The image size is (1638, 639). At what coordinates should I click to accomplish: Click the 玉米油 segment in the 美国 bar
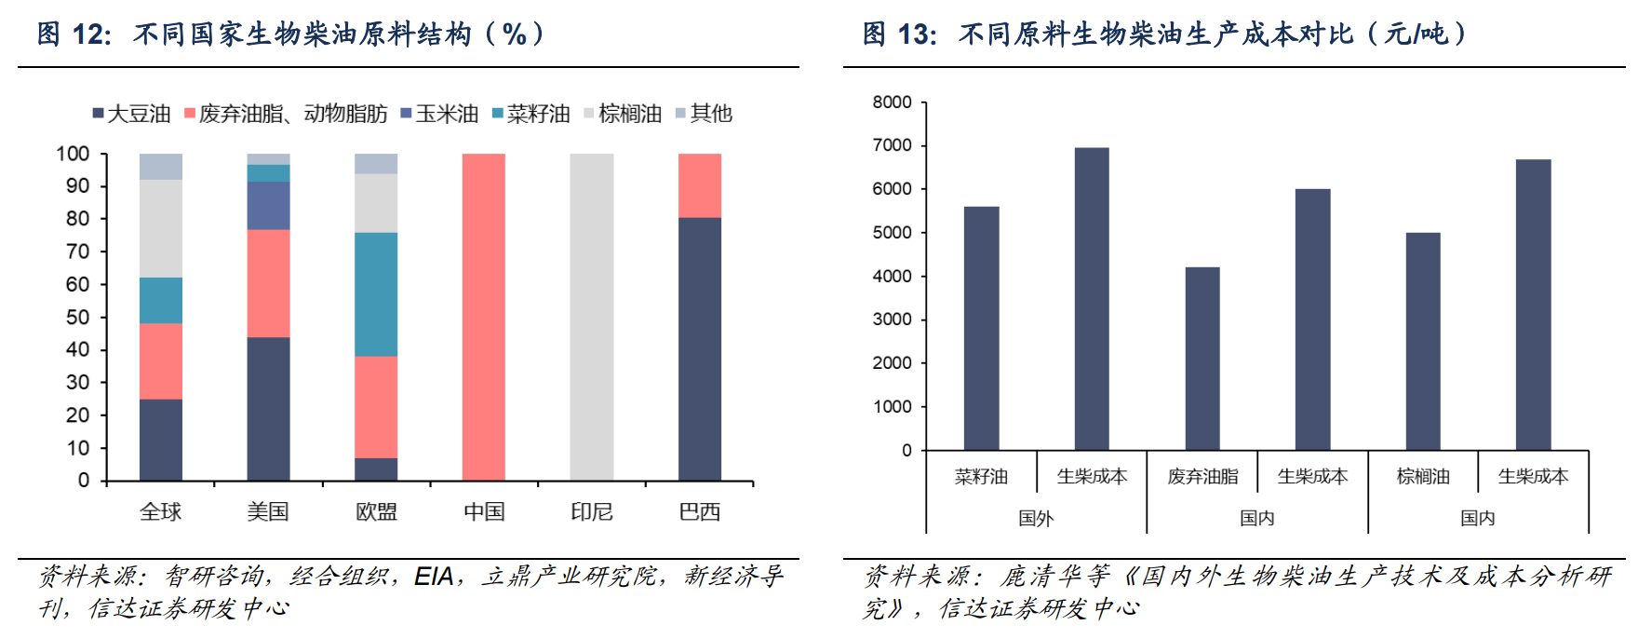[268, 205]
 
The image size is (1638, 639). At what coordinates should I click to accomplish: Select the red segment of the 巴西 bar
[700, 185]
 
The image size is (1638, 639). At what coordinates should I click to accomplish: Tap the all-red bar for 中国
[484, 317]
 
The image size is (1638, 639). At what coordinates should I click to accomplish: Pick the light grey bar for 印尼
[592, 317]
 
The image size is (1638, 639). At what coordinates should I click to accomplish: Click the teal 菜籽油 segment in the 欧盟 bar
[376, 294]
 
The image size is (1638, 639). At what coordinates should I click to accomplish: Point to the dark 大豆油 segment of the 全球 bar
[161, 440]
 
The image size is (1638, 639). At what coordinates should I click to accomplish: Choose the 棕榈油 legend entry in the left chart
[623, 114]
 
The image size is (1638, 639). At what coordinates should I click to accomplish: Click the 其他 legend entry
[705, 114]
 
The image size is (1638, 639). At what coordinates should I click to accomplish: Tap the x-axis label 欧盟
[376, 511]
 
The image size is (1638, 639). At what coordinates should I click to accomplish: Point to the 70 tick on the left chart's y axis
[78, 252]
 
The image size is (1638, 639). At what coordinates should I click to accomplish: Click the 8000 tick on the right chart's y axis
[892, 102]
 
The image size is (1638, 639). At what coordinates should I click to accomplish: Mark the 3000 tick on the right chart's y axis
[892, 319]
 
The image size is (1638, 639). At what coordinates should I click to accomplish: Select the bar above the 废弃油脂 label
[1202, 359]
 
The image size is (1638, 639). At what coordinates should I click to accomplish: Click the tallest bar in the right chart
[1092, 298]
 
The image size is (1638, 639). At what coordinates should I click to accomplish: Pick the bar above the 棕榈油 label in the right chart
[1423, 341]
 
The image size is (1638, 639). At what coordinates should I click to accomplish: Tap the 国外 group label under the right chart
[1036, 518]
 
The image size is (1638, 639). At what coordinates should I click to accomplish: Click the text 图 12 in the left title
[74, 34]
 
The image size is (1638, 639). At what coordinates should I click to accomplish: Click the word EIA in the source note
[434, 577]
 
